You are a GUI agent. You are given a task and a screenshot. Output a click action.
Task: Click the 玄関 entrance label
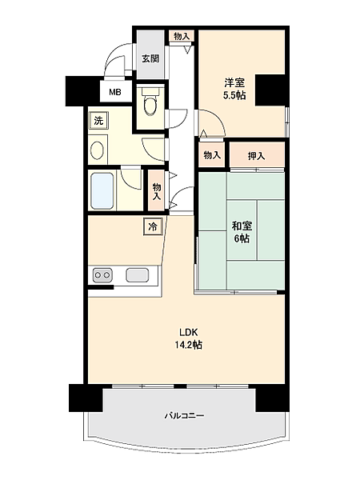point(150,58)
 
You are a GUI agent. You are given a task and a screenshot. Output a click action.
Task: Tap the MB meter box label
point(115,92)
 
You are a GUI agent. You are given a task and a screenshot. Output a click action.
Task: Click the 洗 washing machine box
point(98,121)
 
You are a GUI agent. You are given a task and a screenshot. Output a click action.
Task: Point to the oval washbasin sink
point(98,150)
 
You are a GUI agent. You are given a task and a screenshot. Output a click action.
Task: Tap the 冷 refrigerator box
point(153,226)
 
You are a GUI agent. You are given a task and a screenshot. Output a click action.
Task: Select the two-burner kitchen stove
point(102,274)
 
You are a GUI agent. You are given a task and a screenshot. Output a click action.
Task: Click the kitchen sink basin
point(138,274)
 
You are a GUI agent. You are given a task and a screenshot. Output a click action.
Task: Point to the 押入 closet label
point(256,156)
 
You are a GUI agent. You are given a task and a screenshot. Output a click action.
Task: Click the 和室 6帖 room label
point(242,232)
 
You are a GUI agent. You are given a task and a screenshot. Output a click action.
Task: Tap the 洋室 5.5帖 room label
point(234,89)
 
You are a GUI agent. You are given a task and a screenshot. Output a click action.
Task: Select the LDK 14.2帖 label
point(188,338)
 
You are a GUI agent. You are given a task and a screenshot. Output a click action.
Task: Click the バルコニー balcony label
point(185,415)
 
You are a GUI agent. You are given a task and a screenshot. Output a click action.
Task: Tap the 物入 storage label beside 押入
point(212,155)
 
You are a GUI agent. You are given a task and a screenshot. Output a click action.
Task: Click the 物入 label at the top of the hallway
point(182,37)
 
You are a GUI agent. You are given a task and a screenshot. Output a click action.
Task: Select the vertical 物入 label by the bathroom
point(157,192)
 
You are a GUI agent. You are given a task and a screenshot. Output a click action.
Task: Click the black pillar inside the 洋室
point(270,90)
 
